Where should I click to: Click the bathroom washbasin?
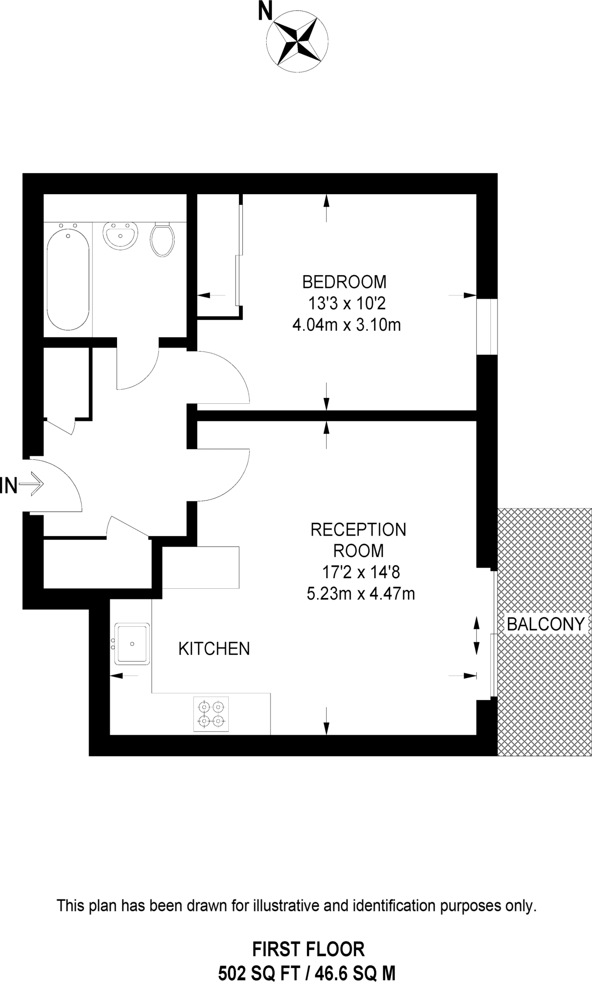[120, 235]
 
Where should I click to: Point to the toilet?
[162, 239]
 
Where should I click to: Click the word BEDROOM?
[344, 281]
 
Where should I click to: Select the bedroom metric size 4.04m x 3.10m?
[346, 326]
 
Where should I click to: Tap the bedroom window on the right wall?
[486, 327]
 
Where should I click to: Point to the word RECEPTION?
[358, 530]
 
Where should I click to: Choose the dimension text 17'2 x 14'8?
[360, 572]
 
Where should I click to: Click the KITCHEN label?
[214, 649]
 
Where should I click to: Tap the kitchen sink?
[131, 644]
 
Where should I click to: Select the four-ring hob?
[211, 714]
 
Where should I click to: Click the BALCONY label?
[545, 624]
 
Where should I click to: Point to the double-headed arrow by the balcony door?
[476, 636]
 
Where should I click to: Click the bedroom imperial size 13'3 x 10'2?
[347, 304]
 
